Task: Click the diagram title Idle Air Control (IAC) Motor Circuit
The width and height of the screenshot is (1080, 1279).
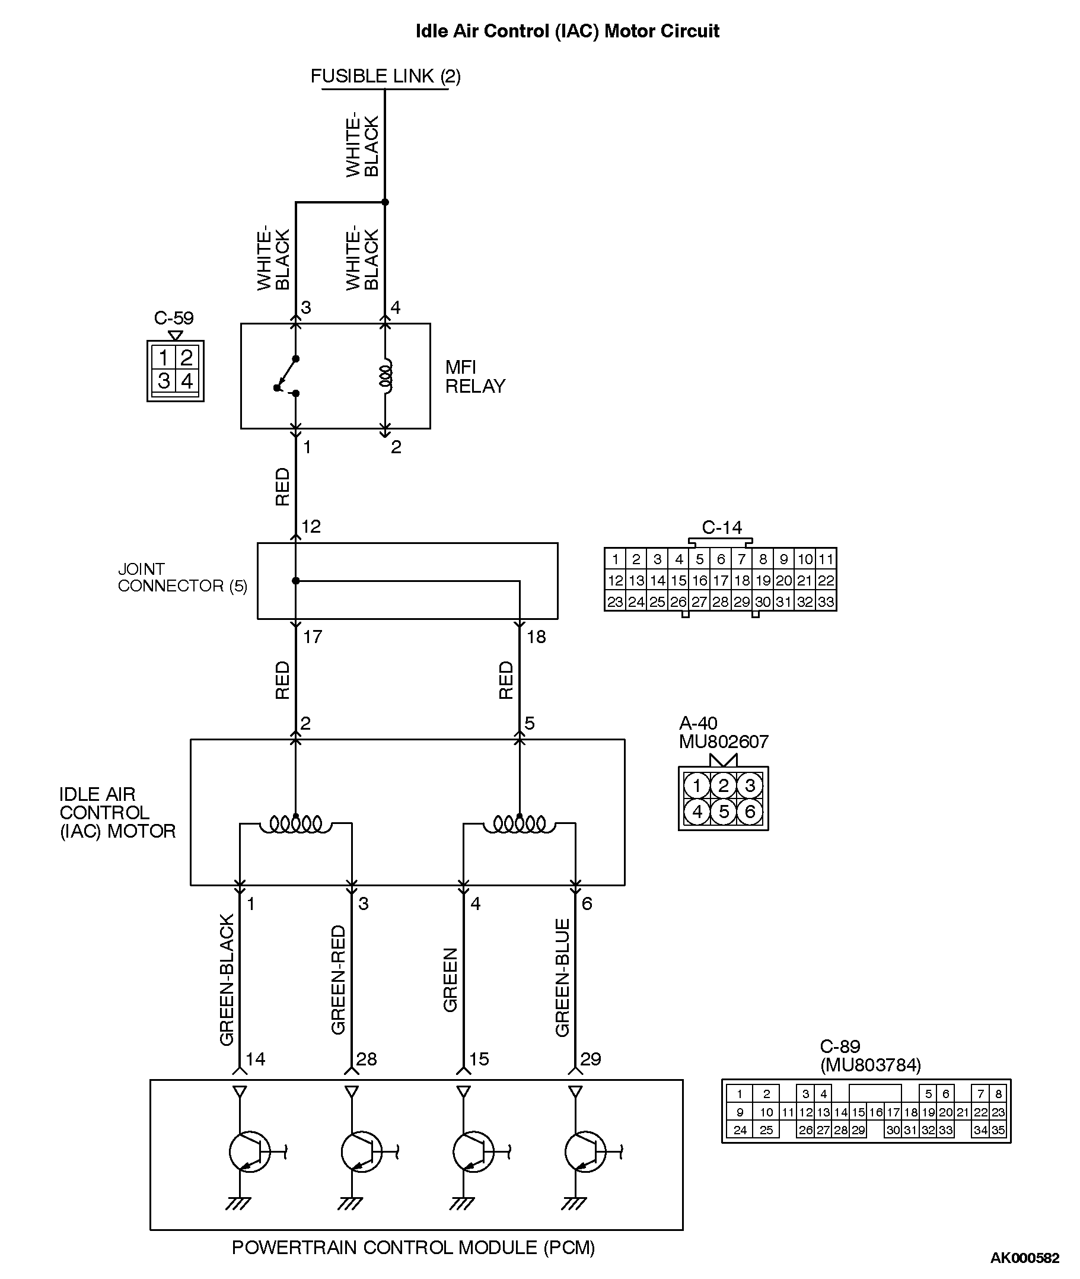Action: [567, 31]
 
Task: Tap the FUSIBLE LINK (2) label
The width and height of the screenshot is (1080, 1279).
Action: [385, 76]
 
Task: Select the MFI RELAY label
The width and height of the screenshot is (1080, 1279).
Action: [474, 377]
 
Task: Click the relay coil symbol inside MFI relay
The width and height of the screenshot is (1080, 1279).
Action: [386, 376]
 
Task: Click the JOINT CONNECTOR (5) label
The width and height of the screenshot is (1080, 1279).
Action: [182, 577]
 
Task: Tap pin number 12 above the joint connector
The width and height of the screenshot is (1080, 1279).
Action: [311, 527]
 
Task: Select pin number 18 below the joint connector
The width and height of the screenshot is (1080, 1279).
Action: [536, 637]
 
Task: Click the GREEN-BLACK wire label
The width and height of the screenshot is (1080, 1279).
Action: [227, 979]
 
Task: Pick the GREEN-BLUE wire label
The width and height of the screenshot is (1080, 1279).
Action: [563, 978]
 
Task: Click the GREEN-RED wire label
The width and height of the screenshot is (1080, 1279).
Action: [339, 979]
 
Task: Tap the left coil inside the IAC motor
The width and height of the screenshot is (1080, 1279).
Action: [296, 824]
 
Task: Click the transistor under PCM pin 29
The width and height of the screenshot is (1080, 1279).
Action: [585, 1152]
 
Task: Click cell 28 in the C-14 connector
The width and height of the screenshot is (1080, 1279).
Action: [720, 602]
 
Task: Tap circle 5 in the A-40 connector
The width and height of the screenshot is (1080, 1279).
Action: [724, 812]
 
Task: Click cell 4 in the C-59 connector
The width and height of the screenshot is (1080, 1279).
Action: [187, 381]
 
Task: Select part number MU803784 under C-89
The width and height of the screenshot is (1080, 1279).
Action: [870, 1065]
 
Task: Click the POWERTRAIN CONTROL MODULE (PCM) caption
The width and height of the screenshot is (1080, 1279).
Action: [413, 1248]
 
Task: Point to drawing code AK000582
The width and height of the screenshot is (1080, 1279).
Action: [1024, 1258]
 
